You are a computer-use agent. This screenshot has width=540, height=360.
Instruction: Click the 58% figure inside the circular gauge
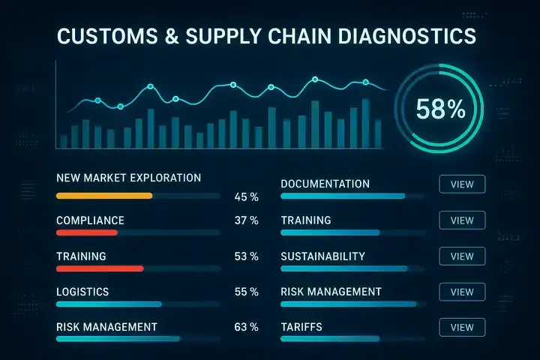(441, 109)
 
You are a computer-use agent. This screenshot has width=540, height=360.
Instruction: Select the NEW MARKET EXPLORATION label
(128, 178)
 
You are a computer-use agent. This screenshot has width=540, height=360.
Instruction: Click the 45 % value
(246, 197)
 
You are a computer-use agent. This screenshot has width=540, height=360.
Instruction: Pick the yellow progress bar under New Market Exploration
(104, 196)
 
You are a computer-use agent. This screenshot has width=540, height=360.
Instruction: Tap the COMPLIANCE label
(90, 220)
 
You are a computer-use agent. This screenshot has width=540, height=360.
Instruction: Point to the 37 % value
(246, 220)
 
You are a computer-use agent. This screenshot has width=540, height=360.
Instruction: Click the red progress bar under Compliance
(87, 232)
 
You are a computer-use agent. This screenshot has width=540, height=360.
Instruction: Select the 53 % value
(246, 256)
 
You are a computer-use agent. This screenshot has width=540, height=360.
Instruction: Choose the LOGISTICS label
(82, 292)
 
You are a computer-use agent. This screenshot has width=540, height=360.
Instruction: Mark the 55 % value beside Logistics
(246, 292)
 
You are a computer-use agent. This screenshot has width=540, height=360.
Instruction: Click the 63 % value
(246, 327)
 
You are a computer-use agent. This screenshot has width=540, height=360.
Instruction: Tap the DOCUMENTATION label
(325, 184)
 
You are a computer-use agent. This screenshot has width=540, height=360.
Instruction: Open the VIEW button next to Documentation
(462, 184)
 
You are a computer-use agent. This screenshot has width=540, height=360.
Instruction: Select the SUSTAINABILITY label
(322, 256)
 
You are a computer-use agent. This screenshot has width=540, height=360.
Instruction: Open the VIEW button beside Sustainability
(462, 256)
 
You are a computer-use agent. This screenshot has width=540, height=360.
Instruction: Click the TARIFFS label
(303, 327)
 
